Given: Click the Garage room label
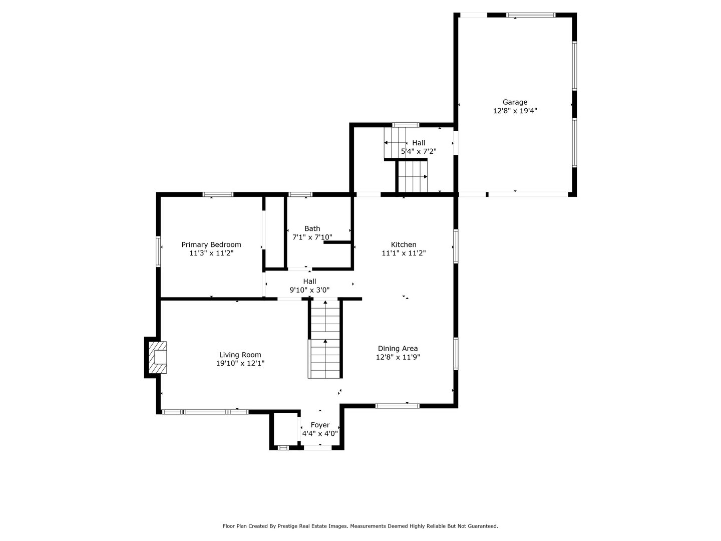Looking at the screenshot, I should pyautogui.click(x=515, y=102).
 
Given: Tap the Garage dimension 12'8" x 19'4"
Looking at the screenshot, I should pyautogui.click(x=515, y=111).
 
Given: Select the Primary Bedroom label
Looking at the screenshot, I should pyautogui.click(x=211, y=244).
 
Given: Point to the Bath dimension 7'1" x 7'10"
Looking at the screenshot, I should pyautogui.click(x=312, y=237).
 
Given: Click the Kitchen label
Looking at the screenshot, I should pyautogui.click(x=404, y=244).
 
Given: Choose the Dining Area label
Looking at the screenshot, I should pyautogui.click(x=398, y=349).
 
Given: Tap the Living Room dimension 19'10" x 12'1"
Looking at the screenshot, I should pyautogui.click(x=240, y=364).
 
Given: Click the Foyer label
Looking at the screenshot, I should pyautogui.click(x=320, y=425).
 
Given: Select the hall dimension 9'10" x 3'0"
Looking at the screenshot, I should pyautogui.click(x=309, y=290).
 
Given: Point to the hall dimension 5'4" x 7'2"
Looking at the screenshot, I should pyautogui.click(x=419, y=151).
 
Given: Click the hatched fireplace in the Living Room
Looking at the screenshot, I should pyautogui.click(x=157, y=357).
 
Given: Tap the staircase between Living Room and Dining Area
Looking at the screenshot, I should pyautogui.click(x=325, y=340).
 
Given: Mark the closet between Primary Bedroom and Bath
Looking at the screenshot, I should pyautogui.click(x=274, y=232).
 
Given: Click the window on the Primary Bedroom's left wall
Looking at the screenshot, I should pyautogui.click(x=158, y=251).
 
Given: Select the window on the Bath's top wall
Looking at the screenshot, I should pyautogui.click(x=300, y=194).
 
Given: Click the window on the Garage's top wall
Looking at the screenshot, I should pyautogui.click(x=531, y=15).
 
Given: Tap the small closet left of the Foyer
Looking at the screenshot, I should pyautogui.click(x=285, y=429).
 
